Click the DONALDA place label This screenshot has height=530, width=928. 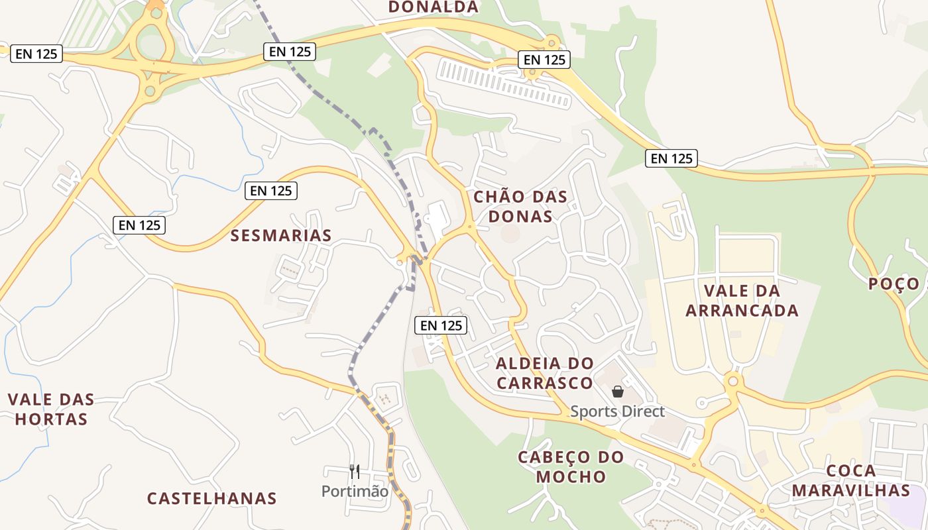click(433, 7)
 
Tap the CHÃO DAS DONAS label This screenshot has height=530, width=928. click(520, 206)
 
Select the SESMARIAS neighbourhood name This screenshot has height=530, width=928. click(281, 235)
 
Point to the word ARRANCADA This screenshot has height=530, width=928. click(742, 311)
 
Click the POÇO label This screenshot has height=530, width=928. click(894, 284)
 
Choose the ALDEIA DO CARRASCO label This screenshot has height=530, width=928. click(545, 373)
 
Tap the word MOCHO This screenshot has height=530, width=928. click(571, 476)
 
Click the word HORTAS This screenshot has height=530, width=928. click(51, 419)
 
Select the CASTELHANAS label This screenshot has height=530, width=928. click(211, 498)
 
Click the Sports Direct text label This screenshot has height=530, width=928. click(617, 411)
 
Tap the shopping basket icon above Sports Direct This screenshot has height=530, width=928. click(618, 392)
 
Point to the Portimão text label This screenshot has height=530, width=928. click(355, 492)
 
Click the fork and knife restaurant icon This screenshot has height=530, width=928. click(355, 472)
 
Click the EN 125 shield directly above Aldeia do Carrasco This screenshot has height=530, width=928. click(441, 325)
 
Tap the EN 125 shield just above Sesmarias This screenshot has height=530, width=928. click(271, 191)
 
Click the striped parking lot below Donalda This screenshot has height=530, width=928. click(504, 83)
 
